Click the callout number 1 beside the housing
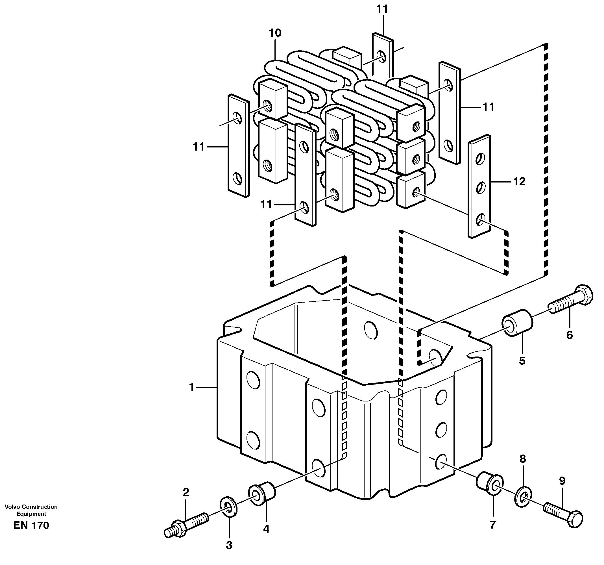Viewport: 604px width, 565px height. coord(191,387)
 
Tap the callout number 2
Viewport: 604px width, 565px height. coord(186,492)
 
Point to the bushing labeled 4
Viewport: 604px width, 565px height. coord(262,494)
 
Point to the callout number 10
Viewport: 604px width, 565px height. coord(275,33)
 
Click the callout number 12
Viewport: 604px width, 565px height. coord(519,181)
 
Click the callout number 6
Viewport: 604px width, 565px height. coord(569,335)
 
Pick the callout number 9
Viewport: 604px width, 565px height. coord(562,481)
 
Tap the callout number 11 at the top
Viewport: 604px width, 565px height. coord(382,9)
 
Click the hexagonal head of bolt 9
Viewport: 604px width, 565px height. coord(575,519)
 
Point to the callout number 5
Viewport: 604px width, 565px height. coord(522,361)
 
